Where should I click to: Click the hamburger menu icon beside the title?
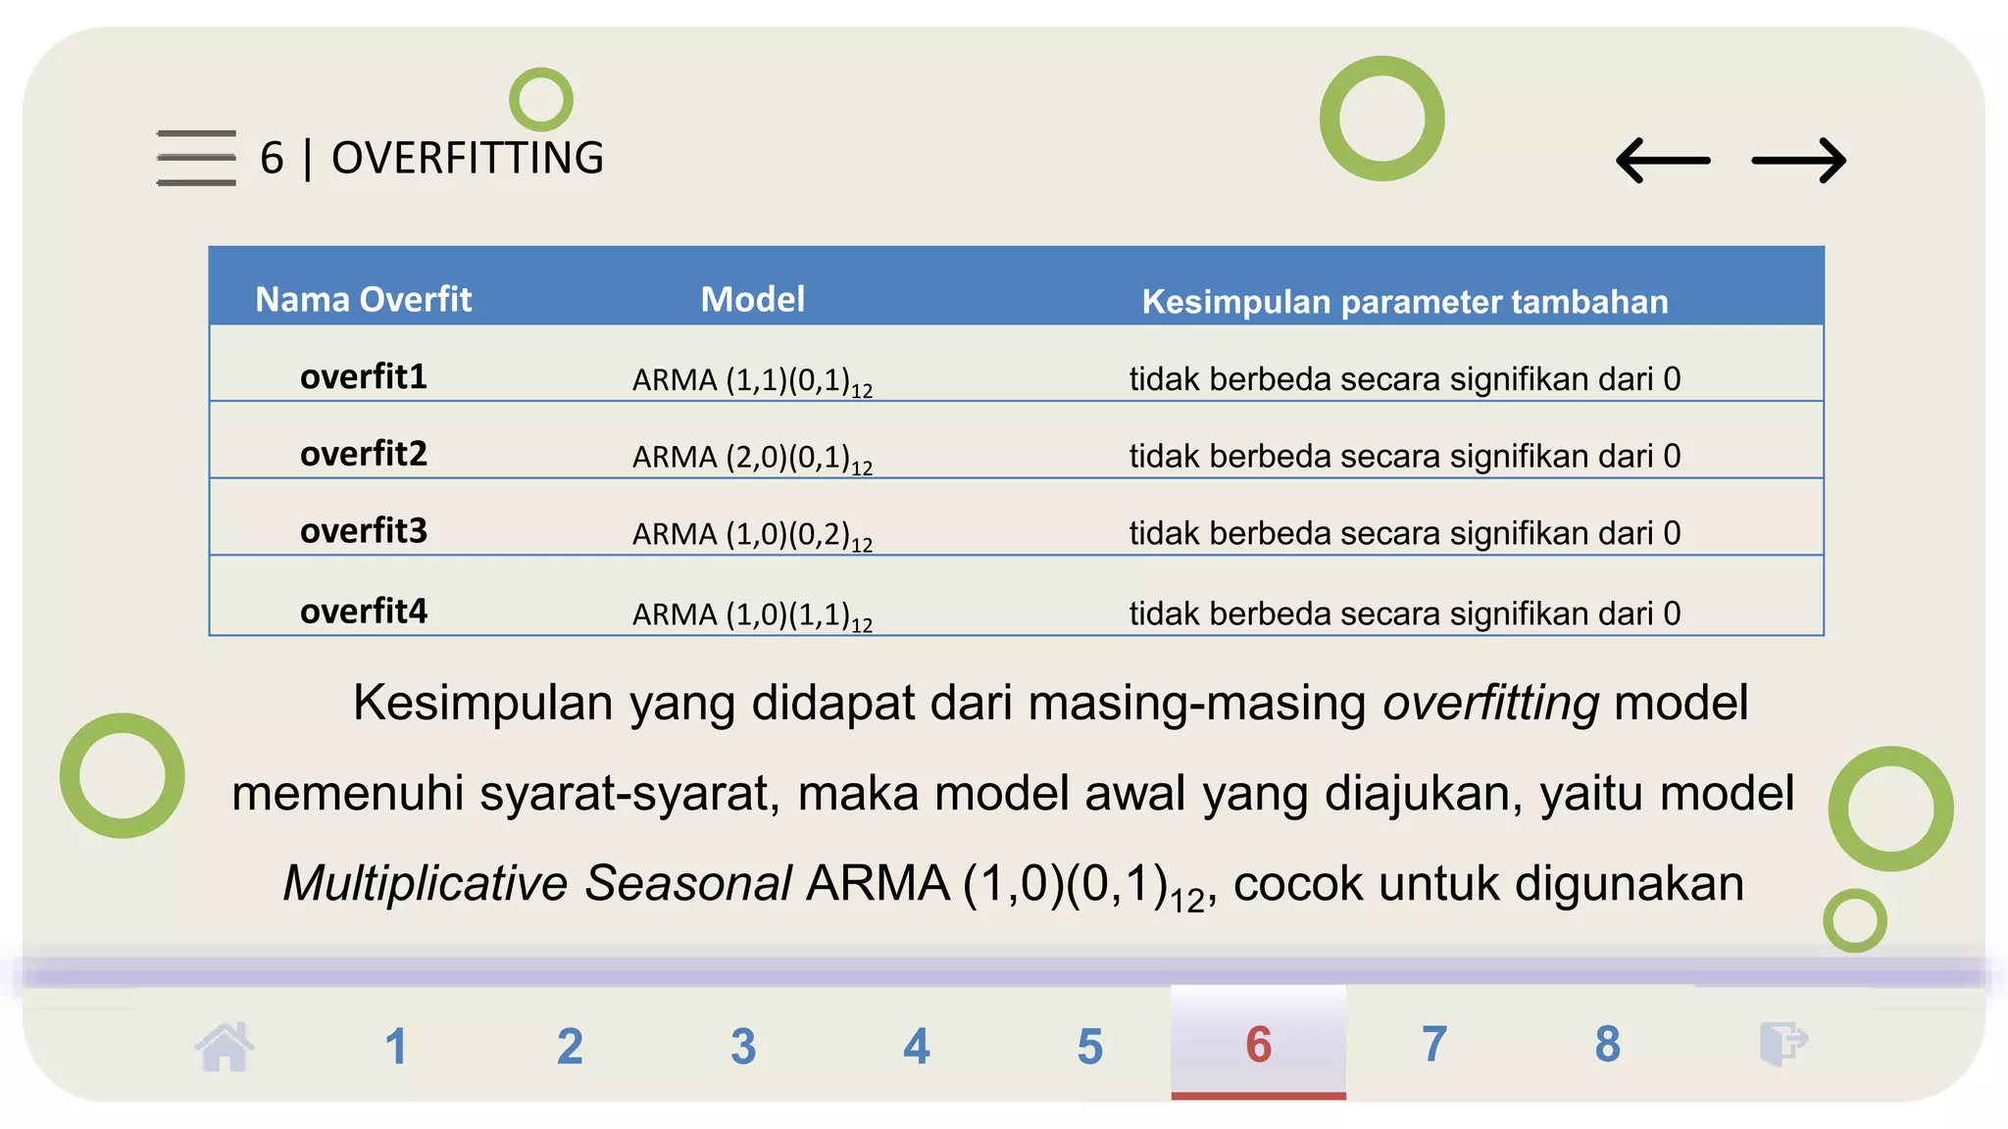click(196, 158)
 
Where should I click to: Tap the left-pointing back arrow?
click(1663, 161)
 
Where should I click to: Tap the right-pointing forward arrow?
click(1798, 161)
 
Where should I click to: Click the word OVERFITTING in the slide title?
click(468, 159)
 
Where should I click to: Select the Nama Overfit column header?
click(363, 299)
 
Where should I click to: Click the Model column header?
click(752, 299)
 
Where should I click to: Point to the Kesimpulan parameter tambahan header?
click(1404, 302)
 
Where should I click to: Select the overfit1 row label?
click(363, 376)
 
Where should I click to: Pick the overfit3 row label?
click(363, 531)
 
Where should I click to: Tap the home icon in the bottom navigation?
click(225, 1046)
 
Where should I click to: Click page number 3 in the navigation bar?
click(743, 1046)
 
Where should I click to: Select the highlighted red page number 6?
click(1258, 1044)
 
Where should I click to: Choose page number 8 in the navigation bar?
click(1607, 1044)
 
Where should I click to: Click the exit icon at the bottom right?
click(1782, 1043)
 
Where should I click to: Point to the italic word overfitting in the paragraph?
click(1490, 703)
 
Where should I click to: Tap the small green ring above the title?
click(541, 99)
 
